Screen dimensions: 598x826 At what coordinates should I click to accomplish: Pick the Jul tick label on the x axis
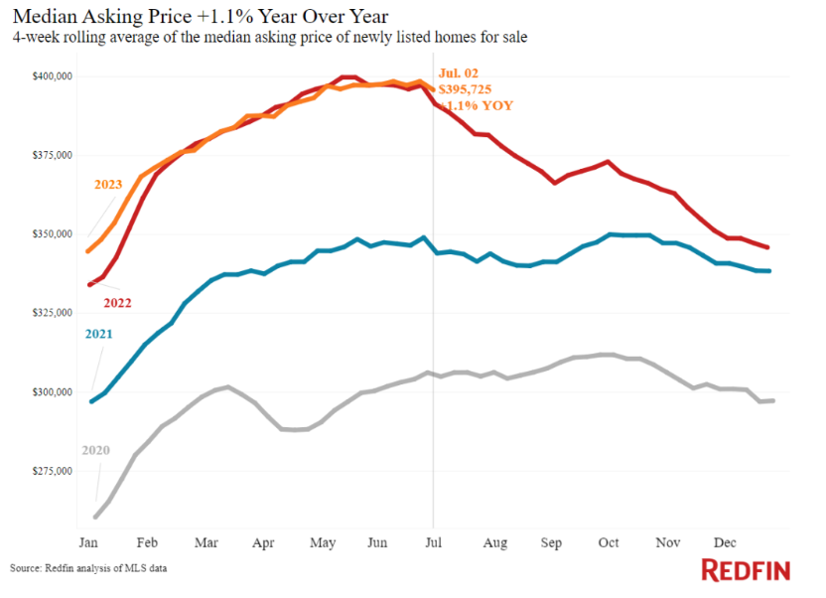tap(433, 542)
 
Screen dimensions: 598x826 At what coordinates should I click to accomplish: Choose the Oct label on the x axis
tap(608, 542)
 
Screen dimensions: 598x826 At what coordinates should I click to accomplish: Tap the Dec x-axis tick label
tap(725, 542)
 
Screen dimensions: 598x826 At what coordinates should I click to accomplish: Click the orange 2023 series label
tap(109, 185)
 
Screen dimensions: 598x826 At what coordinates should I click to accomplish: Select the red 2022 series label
tap(118, 302)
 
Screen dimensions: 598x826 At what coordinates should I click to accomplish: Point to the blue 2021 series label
tap(98, 334)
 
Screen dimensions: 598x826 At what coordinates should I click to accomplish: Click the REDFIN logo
tap(746, 569)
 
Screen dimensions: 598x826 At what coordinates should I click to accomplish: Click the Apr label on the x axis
tap(263, 542)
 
